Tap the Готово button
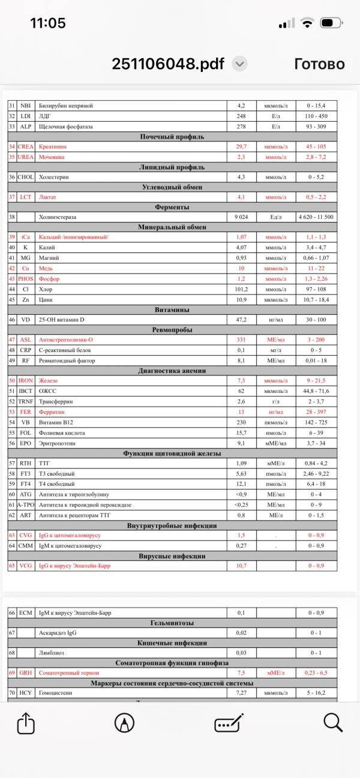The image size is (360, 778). click(319, 64)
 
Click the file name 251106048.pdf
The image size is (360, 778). click(169, 64)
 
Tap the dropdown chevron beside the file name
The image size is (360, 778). click(239, 64)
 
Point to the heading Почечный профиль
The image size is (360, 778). click(172, 137)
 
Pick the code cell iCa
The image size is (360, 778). click(26, 237)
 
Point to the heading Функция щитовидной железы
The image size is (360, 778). click(172, 453)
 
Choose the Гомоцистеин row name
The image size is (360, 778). click(57, 693)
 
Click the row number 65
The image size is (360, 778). click(11, 566)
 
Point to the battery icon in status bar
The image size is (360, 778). click(331, 23)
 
